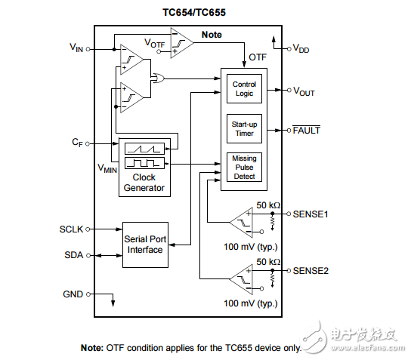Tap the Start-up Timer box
(244, 128)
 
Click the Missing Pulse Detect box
(244, 167)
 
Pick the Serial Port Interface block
(144, 244)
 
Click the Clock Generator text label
(144, 183)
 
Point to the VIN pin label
(76, 48)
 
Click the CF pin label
(76, 141)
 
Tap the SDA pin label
(74, 255)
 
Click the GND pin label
(73, 294)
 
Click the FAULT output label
(306, 130)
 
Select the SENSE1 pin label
(312, 214)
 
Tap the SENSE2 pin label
(312, 270)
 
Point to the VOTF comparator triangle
(181, 43)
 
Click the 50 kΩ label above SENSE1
(267, 205)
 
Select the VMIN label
(107, 168)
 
